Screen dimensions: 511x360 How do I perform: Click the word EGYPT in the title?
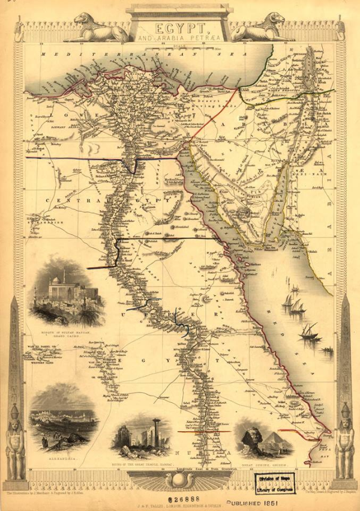[179, 27]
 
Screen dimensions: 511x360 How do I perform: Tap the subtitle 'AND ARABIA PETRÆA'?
[179, 38]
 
